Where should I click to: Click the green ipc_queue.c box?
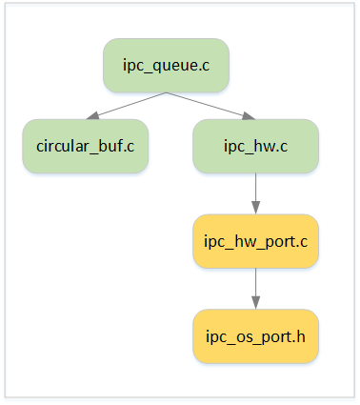pos(166,65)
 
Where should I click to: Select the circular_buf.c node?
pos(85,146)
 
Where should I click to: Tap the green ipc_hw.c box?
pos(254,146)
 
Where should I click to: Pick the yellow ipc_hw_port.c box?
pos(254,241)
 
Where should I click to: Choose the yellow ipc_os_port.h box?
pos(254,335)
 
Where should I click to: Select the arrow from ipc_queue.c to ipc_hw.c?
pos(210,106)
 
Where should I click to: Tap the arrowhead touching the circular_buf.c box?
pos(91,117)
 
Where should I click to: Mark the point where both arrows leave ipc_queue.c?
pos(166,92)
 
